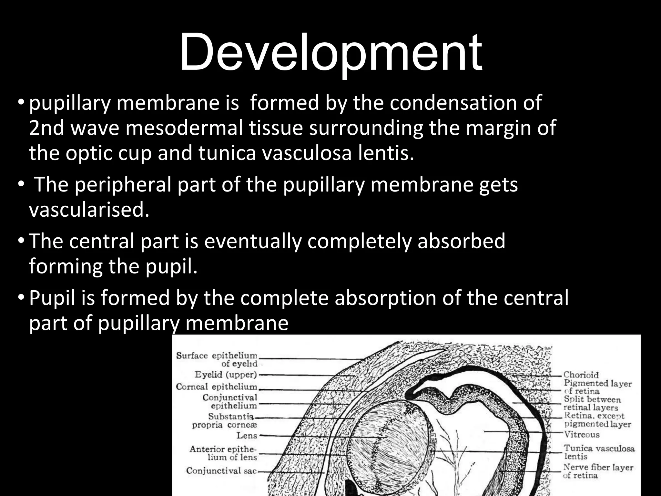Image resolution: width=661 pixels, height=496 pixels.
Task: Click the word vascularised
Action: [89, 210]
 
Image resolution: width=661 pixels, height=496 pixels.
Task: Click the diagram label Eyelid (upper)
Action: [226, 375]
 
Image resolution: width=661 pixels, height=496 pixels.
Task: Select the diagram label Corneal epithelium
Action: [217, 387]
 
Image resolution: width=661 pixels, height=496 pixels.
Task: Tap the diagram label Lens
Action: [247, 436]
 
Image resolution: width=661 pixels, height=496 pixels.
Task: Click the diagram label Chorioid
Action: [581, 375]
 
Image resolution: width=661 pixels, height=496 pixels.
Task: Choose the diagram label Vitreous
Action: [582, 435]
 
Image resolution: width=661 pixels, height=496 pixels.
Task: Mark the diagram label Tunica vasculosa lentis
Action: [599, 452]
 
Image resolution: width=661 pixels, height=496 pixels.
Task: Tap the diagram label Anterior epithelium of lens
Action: [223, 453]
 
